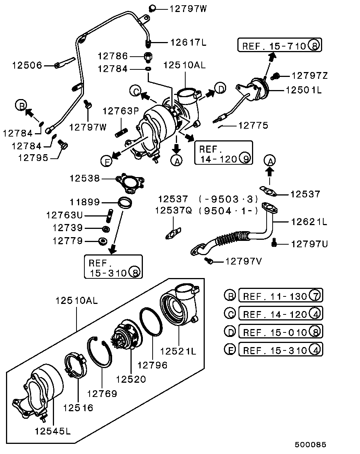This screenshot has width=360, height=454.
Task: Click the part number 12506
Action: (x=27, y=65)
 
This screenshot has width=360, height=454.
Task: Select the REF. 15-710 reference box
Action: (x=280, y=46)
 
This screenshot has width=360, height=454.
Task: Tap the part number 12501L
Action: (x=304, y=90)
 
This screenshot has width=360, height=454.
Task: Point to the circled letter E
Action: (x=107, y=161)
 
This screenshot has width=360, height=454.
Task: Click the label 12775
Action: (x=253, y=126)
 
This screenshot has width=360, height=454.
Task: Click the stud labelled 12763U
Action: (x=111, y=215)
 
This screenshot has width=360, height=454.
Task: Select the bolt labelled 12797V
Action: (x=209, y=260)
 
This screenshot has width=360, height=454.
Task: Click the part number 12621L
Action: (x=309, y=222)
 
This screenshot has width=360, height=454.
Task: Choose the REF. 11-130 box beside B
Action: (x=280, y=296)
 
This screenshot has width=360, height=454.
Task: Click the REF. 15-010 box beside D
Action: (x=280, y=332)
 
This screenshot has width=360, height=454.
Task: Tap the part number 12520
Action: (x=131, y=379)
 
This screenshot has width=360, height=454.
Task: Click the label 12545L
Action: (x=53, y=431)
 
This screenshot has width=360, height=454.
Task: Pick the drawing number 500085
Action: (x=310, y=445)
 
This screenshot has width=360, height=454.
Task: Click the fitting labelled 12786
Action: (x=148, y=57)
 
